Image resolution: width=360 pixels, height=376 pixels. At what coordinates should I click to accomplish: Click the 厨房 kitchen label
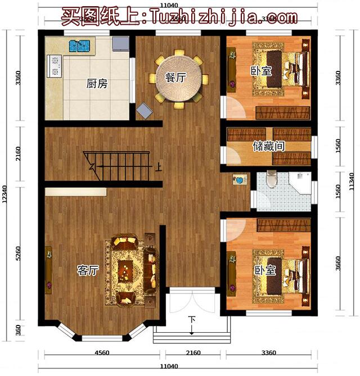[97, 84]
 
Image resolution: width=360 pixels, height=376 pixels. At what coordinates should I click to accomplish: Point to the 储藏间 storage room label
[268, 146]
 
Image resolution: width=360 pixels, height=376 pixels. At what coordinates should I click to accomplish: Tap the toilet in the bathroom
[272, 179]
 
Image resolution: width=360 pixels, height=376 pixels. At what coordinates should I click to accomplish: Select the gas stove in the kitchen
[56, 65]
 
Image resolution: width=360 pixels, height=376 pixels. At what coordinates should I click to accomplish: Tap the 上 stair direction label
[159, 166]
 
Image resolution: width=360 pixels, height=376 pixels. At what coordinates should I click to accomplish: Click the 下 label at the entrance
[192, 320]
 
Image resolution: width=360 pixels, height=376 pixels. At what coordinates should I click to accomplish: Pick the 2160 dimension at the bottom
[193, 353]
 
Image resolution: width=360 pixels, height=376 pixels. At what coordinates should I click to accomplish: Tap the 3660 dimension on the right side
[337, 262]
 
